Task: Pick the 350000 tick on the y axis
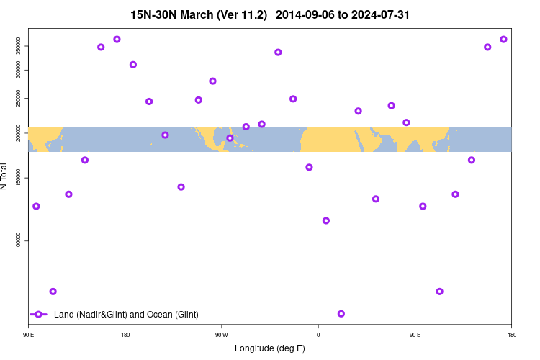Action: pyautogui.click(x=21, y=46)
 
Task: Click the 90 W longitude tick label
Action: pyautogui.click(x=221, y=335)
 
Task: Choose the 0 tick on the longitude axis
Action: pyautogui.click(x=318, y=335)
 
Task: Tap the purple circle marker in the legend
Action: pyautogui.click(x=39, y=315)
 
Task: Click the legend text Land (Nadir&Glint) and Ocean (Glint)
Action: pyautogui.click(x=126, y=315)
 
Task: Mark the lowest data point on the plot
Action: pyautogui.click(x=341, y=314)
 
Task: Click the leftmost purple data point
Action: pyautogui.click(x=36, y=207)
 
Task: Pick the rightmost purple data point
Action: pyautogui.click(x=503, y=39)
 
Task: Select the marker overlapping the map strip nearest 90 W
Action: pyautogui.click(x=230, y=138)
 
